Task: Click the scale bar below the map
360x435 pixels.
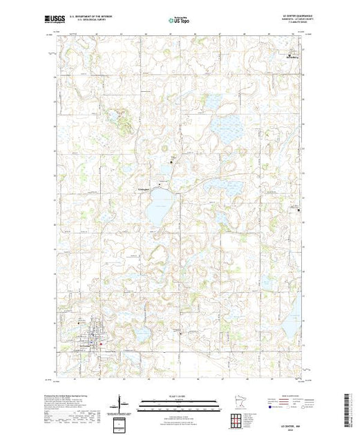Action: click(178, 402)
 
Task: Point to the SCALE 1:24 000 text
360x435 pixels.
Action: click(178, 395)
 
